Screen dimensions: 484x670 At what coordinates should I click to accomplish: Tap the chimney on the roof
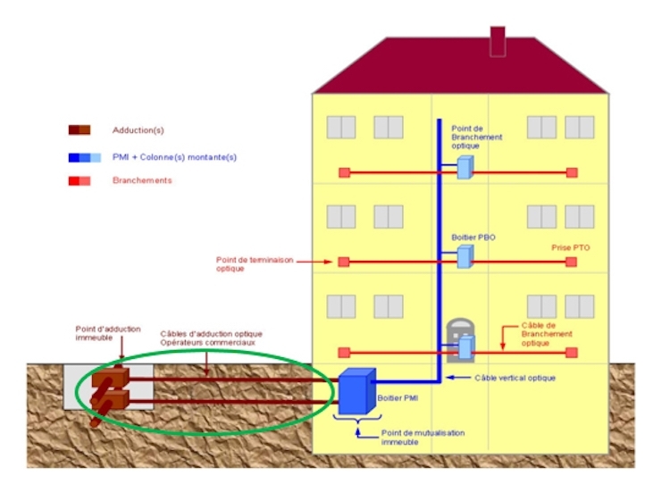pyautogui.click(x=498, y=41)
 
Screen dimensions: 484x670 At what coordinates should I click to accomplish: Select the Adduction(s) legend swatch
pyautogui.click(x=80, y=129)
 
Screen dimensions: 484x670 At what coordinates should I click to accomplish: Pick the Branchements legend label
pyautogui.click(x=142, y=180)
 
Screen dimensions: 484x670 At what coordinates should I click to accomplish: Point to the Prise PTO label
pyautogui.click(x=571, y=246)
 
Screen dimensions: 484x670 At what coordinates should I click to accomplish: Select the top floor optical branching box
pyautogui.click(x=464, y=167)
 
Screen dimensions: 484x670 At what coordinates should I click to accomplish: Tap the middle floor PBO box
pyautogui.click(x=464, y=257)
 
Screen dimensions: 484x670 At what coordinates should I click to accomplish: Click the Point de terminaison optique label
pyautogui.click(x=246, y=263)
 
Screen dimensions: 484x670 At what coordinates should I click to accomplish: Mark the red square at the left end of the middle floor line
pyautogui.click(x=343, y=262)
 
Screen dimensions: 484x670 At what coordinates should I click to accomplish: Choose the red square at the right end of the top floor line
pyautogui.click(x=572, y=172)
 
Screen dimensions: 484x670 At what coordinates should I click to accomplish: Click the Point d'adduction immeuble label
pyautogui.click(x=107, y=333)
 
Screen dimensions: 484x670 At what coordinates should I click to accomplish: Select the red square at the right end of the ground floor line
pyautogui.click(x=572, y=351)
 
